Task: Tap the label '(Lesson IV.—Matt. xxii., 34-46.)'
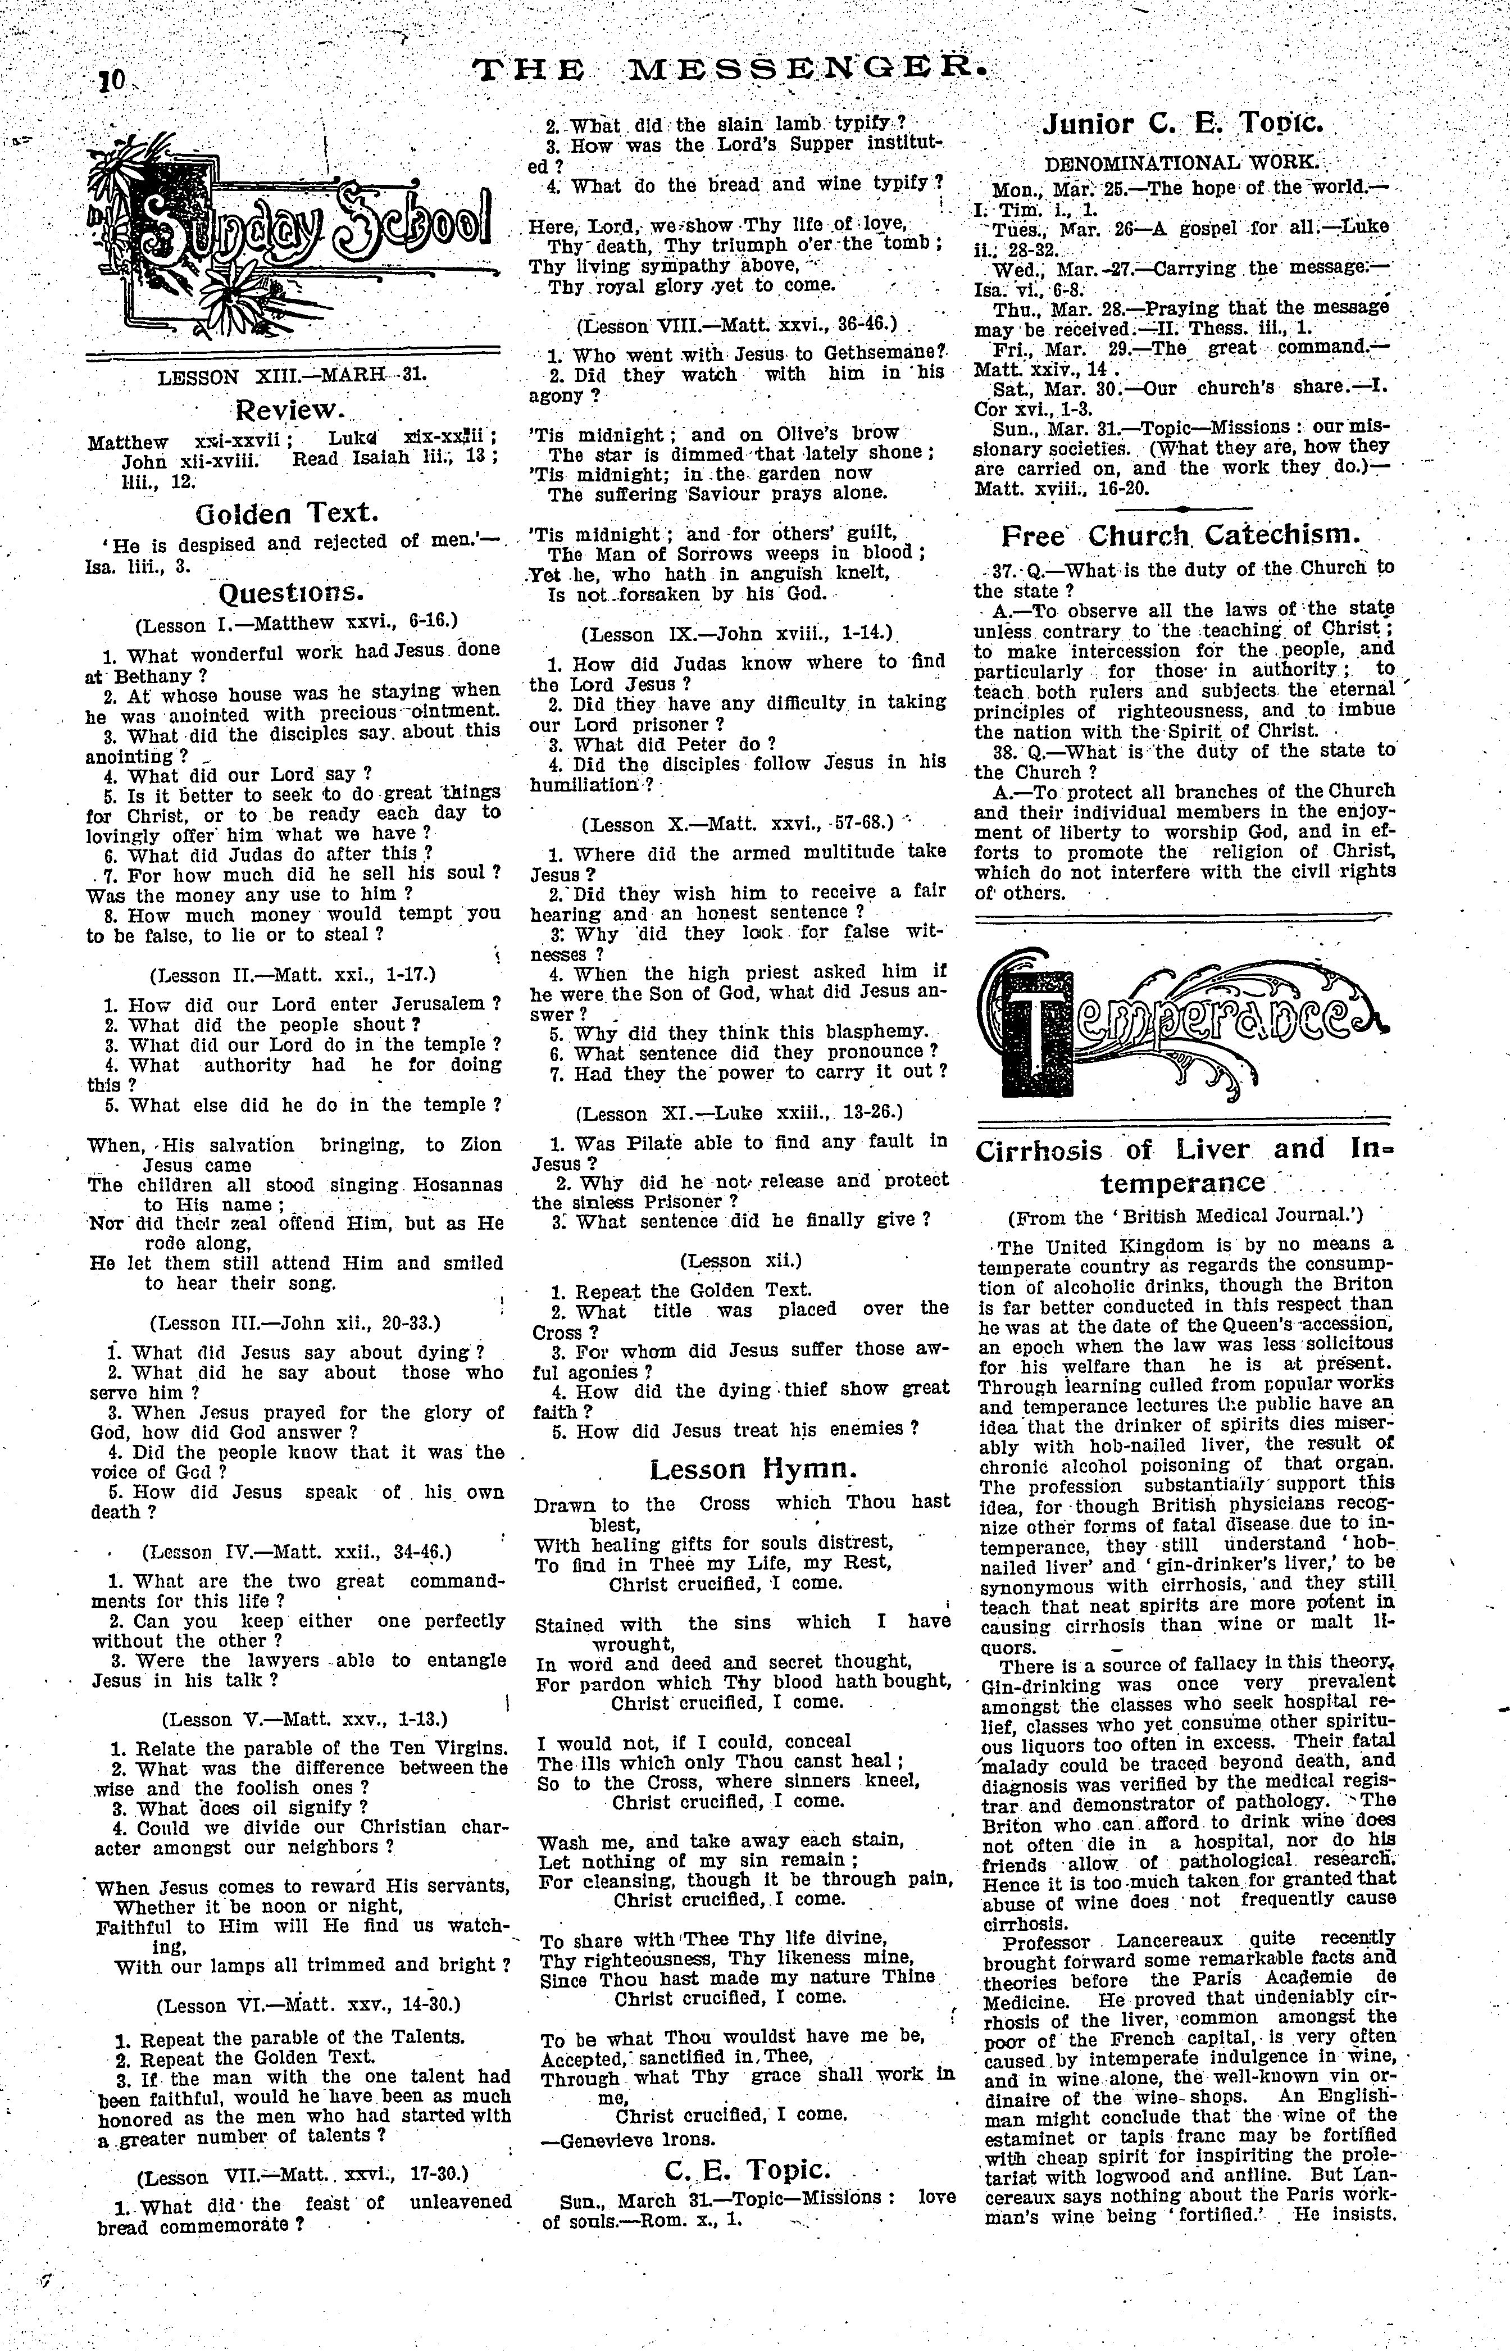coord(296,1552)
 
